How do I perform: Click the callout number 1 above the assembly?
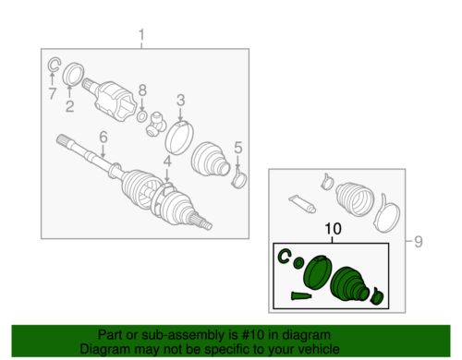point(142,36)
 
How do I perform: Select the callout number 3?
point(181,100)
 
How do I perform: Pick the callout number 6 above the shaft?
point(103,137)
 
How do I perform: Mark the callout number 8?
point(142,90)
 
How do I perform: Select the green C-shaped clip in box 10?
point(286,257)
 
